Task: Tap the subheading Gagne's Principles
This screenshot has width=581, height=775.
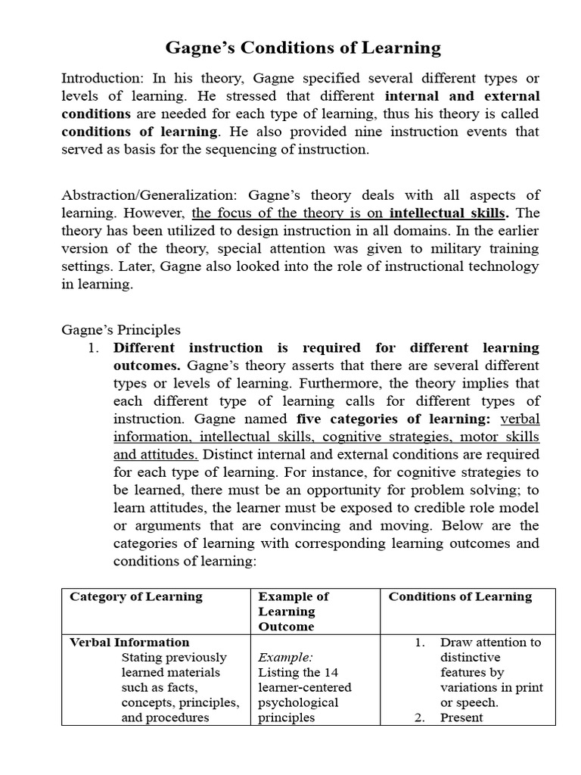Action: [x=120, y=330]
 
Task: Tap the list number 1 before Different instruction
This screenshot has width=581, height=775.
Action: [x=94, y=348]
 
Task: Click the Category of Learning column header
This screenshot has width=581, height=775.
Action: [x=136, y=596]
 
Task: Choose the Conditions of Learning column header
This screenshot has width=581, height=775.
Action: [x=460, y=596]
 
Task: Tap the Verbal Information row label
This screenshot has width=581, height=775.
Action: [x=129, y=643]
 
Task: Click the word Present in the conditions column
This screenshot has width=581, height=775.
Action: [x=461, y=717]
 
